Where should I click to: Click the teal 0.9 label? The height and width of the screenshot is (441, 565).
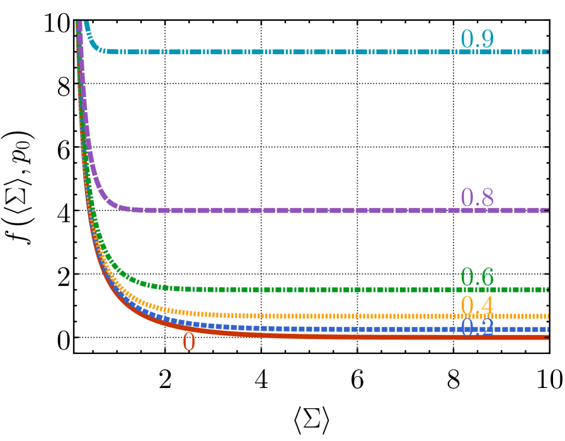tap(477, 39)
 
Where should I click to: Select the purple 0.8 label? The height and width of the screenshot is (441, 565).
tap(477, 197)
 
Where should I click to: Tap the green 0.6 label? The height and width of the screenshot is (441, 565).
tap(477, 277)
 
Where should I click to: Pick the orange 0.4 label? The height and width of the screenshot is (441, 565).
tap(477, 306)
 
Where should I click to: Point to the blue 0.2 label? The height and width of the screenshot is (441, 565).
tap(477, 327)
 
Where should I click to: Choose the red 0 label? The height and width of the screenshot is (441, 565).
tap(189, 342)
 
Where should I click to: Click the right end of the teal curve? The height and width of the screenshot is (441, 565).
tap(547, 52)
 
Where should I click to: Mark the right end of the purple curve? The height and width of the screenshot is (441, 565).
tap(547, 210)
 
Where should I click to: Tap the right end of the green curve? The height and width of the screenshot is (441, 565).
tap(547, 289)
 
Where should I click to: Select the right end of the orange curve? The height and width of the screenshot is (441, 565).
tap(547, 316)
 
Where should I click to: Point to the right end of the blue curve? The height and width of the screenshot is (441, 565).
tap(547, 329)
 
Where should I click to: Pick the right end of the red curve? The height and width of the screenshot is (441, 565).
tap(547, 338)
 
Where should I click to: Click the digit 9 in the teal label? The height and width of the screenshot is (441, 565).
tap(486, 39)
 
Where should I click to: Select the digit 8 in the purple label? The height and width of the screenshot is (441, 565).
tap(486, 197)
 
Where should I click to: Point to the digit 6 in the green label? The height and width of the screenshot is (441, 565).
tap(486, 277)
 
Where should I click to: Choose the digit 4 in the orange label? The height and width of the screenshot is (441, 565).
tap(486, 306)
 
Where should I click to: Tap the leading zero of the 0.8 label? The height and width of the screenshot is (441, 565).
tap(467, 197)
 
